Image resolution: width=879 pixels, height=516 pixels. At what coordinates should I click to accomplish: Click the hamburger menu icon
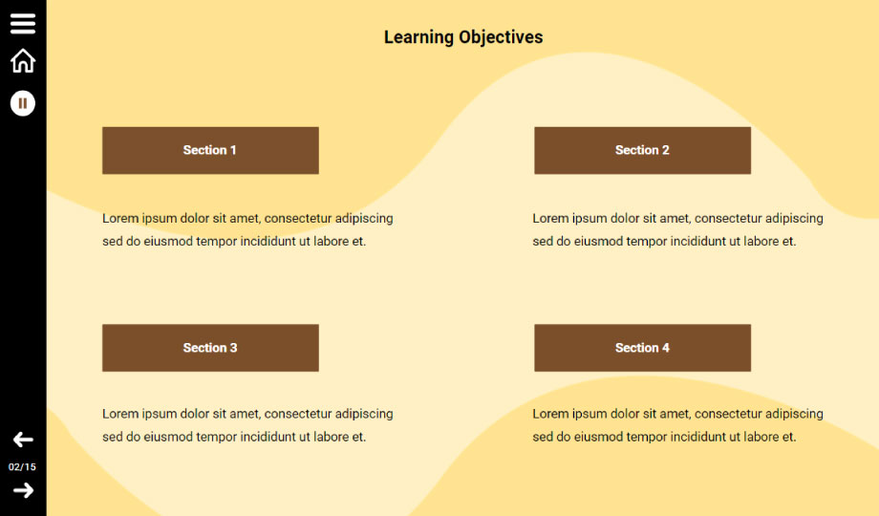[23, 23]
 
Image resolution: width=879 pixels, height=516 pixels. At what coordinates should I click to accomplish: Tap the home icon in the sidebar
[23, 60]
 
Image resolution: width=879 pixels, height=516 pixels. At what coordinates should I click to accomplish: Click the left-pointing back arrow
[23, 440]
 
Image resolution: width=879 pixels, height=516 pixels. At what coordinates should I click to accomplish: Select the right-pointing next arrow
[23, 490]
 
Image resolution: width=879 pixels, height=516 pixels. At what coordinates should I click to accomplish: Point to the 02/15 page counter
[22, 466]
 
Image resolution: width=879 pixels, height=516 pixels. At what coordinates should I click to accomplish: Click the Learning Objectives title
[463, 37]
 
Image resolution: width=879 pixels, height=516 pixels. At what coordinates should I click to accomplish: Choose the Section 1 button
[210, 150]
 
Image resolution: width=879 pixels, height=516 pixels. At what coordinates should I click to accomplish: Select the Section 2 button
[642, 150]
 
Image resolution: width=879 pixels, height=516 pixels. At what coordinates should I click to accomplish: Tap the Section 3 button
[210, 348]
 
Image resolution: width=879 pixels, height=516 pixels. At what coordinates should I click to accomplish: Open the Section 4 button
[642, 348]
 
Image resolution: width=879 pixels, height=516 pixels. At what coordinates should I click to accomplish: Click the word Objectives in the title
[501, 37]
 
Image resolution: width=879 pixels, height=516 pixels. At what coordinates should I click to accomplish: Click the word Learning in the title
[418, 37]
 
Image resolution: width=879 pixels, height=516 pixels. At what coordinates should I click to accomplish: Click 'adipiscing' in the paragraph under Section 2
[794, 219]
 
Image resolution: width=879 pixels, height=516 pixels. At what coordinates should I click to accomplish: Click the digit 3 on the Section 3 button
[233, 348]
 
